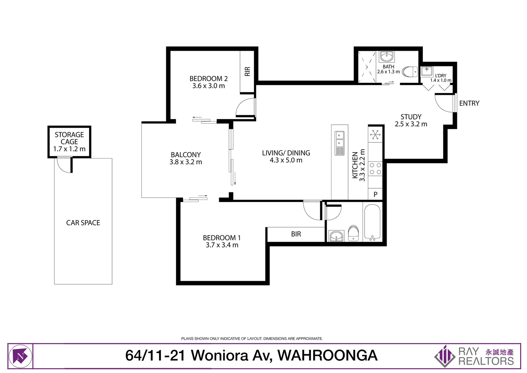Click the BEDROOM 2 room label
click(x=208, y=79)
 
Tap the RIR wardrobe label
click(x=247, y=71)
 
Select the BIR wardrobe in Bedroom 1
click(x=296, y=234)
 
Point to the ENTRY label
click(x=469, y=103)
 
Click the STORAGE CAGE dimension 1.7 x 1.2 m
click(x=69, y=149)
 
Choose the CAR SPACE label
click(x=83, y=223)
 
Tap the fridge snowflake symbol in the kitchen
click(x=375, y=134)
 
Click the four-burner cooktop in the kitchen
click(x=375, y=169)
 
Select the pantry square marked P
click(x=376, y=194)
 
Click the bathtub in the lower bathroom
click(x=372, y=222)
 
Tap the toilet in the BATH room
click(x=410, y=72)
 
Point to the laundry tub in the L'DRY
click(x=427, y=71)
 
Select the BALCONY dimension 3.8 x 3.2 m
click(x=186, y=162)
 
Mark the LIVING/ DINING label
click(x=286, y=153)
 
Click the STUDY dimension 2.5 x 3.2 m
click(x=411, y=124)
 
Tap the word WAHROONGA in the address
click(x=327, y=355)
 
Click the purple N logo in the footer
click(x=20, y=356)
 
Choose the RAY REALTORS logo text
click(x=486, y=356)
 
